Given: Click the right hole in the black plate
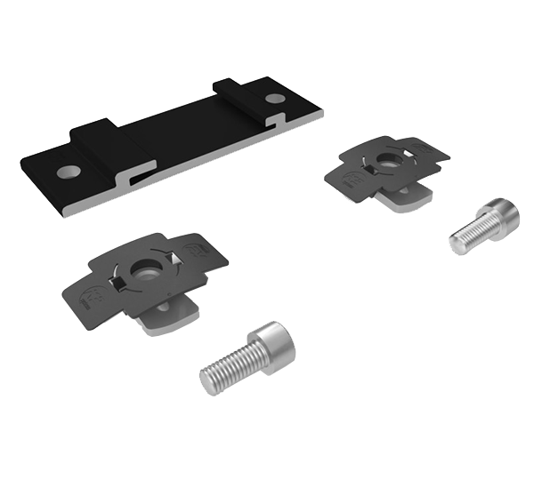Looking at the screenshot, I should coord(275,99).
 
